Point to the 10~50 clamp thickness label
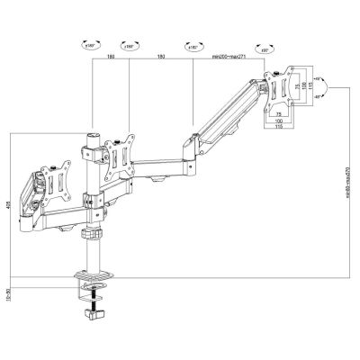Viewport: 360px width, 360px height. [x=8, y=292]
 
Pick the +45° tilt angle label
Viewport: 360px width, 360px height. [x=318, y=79]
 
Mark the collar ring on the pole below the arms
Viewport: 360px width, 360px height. [x=91, y=233]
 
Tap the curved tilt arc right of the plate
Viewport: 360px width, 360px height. [x=330, y=90]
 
